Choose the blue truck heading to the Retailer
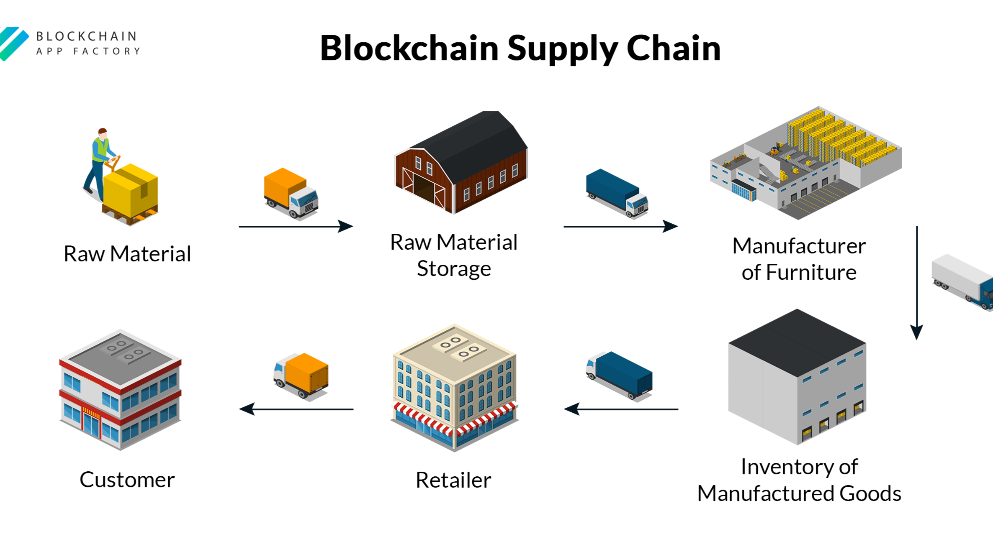click(620, 375)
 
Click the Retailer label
click(453, 480)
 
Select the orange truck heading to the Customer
click(301, 375)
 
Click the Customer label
click(127, 480)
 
